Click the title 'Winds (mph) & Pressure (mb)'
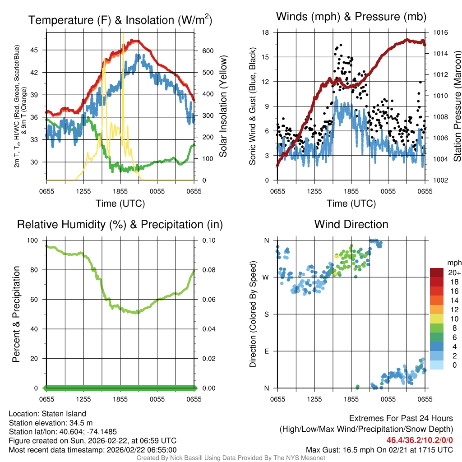pyautogui.click(x=351, y=17)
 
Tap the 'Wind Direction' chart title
pyautogui.click(x=351, y=224)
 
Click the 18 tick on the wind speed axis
pyautogui.click(x=266, y=32)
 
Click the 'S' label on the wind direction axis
pyautogui.click(x=266, y=314)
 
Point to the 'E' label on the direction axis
pyautogui.click(x=266, y=351)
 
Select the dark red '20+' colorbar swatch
pyautogui.click(x=437, y=273)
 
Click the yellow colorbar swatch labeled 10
pyautogui.click(x=437, y=319)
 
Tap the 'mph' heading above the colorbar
pyautogui.click(x=453, y=263)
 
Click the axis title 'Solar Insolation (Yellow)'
pyautogui.click(x=223, y=106)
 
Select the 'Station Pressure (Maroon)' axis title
pyautogui.click(x=457, y=106)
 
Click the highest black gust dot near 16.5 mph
pyautogui.click(x=341, y=45)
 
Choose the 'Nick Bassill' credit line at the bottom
pyautogui.click(x=231, y=458)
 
